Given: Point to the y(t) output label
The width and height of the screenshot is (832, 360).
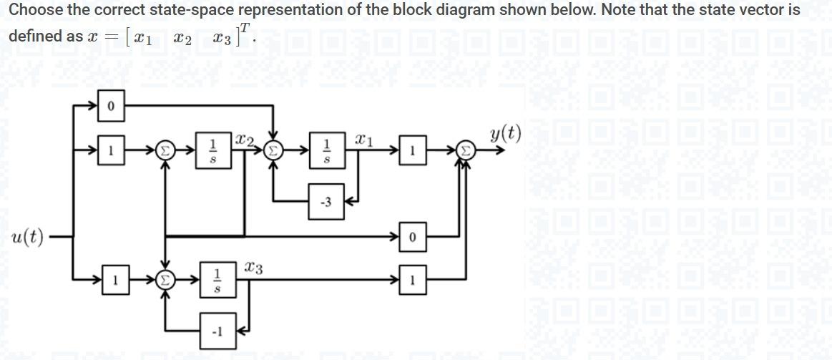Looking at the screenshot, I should [506, 133].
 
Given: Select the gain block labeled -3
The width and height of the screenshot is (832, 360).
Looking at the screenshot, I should [326, 203].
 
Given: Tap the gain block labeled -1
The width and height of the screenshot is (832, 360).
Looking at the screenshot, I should [217, 331].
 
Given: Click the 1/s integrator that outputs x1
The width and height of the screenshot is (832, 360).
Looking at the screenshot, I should [327, 151].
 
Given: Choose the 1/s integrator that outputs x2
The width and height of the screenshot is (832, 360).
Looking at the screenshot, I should [212, 151].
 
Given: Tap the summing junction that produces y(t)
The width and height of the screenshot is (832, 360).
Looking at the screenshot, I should [465, 151].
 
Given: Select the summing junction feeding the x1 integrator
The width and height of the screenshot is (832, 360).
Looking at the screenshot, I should [273, 151].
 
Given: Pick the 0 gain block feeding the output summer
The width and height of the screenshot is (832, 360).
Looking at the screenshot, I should [413, 237].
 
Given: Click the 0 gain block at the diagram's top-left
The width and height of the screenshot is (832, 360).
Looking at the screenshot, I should [111, 106].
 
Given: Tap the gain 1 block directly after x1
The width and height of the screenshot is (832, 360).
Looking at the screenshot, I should [413, 151].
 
